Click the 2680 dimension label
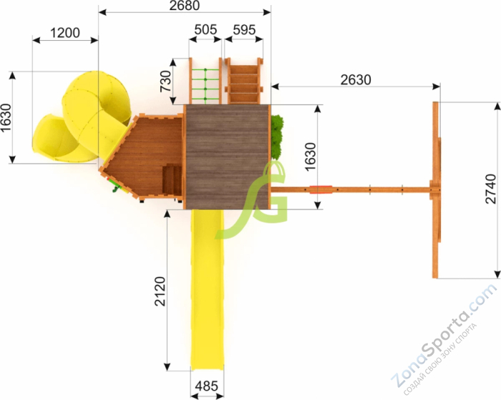(185, 6)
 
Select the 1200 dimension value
(65, 33)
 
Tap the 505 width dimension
(205, 30)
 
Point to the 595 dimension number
(244, 30)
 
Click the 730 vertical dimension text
(166, 81)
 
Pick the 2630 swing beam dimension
(356, 80)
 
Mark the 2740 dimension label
(490, 189)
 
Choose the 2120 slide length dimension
(160, 291)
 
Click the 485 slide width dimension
(206, 386)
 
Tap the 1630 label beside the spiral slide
(6, 117)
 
